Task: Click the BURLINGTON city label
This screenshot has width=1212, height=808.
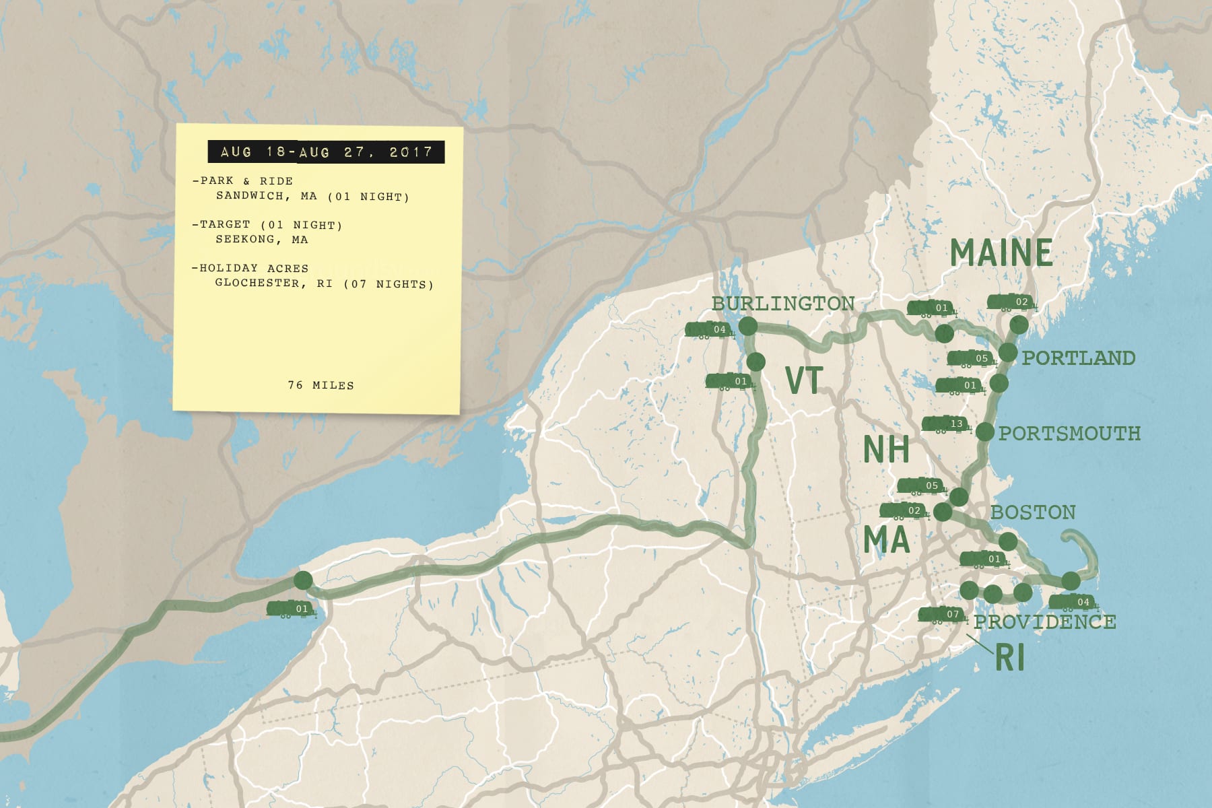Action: pyautogui.click(x=783, y=304)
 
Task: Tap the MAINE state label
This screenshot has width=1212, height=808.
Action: pyautogui.click(x=1001, y=253)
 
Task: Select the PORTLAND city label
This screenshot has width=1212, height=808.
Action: pyautogui.click(x=1079, y=358)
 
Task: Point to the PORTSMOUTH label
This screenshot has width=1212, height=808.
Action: pyautogui.click(x=1069, y=433)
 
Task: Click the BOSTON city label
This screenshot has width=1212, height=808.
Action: pyautogui.click(x=1033, y=512)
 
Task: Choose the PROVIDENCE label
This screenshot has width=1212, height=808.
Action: pyautogui.click(x=1045, y=621)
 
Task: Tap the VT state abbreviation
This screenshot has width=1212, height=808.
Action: pyautogui.click(x=804, y=380)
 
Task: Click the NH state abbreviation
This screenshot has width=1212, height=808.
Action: pyautogui.click(x=886, y=449)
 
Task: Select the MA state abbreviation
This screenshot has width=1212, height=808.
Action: pyautogui.click(x=886, y=539)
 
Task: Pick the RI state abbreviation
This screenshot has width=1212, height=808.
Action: pyautogui.click(x=1009, y=658)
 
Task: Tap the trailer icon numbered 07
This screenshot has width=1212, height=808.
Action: pyautogui.click(x=943, y=615)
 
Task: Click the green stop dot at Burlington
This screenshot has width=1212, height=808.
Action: pyautogui.click(x=748, y=327)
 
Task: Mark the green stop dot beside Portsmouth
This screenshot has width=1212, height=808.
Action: pyautogui.click(x=984, y=432)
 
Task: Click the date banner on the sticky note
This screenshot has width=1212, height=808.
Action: pyautogui.click(x=326, y=152)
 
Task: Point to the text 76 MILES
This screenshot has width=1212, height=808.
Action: pyautogui.click(x=321, y=385)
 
